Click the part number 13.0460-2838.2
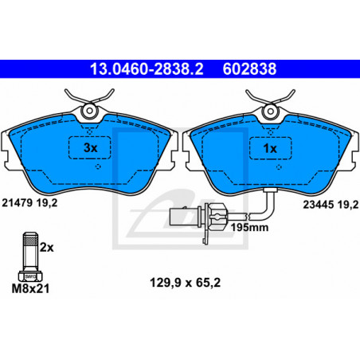pos(147,68)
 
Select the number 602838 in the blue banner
pos(249,68)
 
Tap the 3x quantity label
pos(90,148)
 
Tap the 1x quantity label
pos(270,148)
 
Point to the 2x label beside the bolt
pos(47,248)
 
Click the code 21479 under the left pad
pos(18,203)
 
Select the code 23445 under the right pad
pos(319,205)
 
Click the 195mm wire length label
pos(249,228)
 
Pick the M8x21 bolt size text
pos(30,289)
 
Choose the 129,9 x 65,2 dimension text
pos(186,283)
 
